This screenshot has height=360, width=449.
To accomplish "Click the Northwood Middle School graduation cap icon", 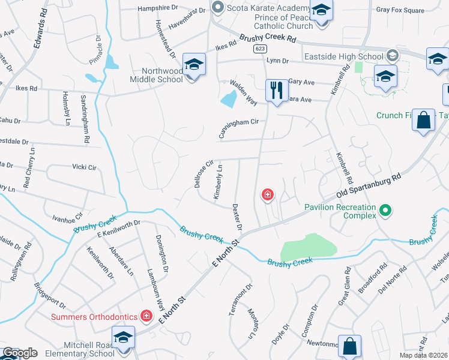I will pos(194,64).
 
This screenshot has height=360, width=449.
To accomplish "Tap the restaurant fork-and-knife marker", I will pos(276,91).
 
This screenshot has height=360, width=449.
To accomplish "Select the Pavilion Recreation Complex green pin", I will pos(386,211).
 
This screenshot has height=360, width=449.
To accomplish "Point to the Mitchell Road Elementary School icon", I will pos(124,340).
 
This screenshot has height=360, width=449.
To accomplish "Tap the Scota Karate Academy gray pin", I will pos(217,8).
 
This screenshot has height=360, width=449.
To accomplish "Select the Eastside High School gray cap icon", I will pos(393,56).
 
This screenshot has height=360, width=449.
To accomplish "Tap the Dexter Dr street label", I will pos(237,217).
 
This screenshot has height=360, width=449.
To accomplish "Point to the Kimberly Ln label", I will pos(218,182).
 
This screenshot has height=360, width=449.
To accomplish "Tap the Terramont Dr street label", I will pos(237,301).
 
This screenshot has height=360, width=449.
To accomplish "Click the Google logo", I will pos(19,353).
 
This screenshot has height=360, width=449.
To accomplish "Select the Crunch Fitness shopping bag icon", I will pos(424,119).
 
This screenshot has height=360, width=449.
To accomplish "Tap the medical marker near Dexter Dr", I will pos(267,194).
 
